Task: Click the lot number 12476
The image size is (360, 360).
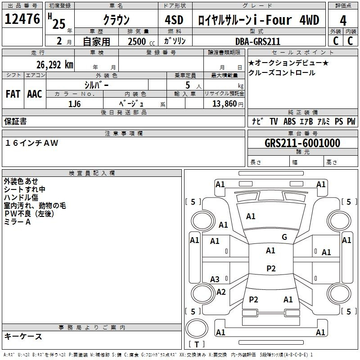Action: (22, 20)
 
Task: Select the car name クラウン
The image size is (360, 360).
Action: (116, 20)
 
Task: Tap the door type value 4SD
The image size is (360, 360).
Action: (171, 20)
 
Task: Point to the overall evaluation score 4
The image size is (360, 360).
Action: (343, 20)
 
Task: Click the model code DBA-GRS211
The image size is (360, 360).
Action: (258, 41)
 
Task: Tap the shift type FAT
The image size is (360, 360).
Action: (13, 94)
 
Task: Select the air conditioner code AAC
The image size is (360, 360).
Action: (35, 94)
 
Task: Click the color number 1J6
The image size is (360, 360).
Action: (75, 103)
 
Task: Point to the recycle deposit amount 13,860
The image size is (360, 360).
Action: (224, 103)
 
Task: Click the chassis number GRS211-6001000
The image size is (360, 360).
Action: (302, 143)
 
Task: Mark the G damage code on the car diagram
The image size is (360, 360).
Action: (284, 237)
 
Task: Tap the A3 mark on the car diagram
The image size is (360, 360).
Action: (215, 279)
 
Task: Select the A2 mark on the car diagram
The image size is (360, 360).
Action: (220, 292)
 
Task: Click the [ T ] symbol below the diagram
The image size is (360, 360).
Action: (196, 344)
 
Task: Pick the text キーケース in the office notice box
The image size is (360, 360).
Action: (23, 337)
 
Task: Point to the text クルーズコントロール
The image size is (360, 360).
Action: (282, 73)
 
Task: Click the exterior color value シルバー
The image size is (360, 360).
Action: (97, 84)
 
